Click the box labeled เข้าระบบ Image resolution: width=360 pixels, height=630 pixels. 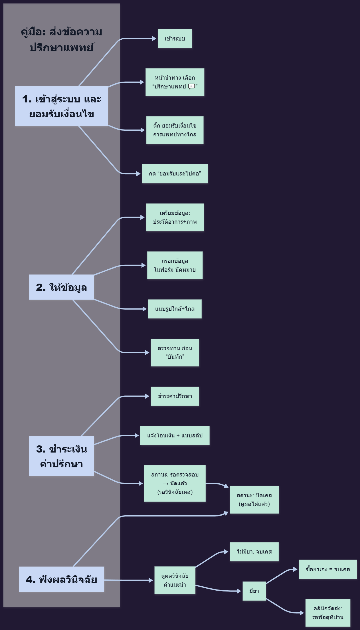click(x=175, y=39)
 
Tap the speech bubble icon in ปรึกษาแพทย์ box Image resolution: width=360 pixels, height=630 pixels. click(x=191, y=86)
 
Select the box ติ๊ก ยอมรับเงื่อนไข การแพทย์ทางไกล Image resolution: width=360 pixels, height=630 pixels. click(x=175, y=130)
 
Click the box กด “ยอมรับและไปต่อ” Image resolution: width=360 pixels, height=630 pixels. click(x=175, y=174)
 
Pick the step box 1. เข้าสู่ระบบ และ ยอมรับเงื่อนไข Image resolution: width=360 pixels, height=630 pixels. click(x=62, y=106)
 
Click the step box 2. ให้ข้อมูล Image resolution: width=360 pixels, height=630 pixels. click(x=62, y=287)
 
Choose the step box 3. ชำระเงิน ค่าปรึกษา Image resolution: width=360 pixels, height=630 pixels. click(x=62, y=456)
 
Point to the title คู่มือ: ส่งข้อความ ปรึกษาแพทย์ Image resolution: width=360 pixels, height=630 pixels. click(x=62, y=40)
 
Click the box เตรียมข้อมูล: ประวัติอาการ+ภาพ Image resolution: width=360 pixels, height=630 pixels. click(x=175, y=217)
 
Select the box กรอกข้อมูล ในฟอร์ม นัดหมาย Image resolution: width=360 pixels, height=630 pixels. click(x=175, y=265)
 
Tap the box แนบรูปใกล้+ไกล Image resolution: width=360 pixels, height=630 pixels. click(x=175, y=309)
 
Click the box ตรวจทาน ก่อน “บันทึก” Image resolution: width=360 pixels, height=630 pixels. click(x=175, y=353)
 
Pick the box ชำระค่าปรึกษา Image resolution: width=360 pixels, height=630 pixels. click(x=175, y=396)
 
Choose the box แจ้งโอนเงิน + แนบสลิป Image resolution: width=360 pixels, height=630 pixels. click(x=175, y=435)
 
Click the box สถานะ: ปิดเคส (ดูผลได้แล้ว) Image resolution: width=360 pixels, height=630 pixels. click(x=254, y=500)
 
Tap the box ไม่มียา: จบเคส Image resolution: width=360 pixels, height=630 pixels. click(x=254, y=552)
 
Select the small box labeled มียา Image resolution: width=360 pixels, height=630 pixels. click(x=254, y=591)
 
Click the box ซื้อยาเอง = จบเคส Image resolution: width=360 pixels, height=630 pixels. click(x=328, y=569)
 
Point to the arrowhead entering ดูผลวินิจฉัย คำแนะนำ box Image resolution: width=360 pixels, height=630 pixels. click(x=151, y=580)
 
